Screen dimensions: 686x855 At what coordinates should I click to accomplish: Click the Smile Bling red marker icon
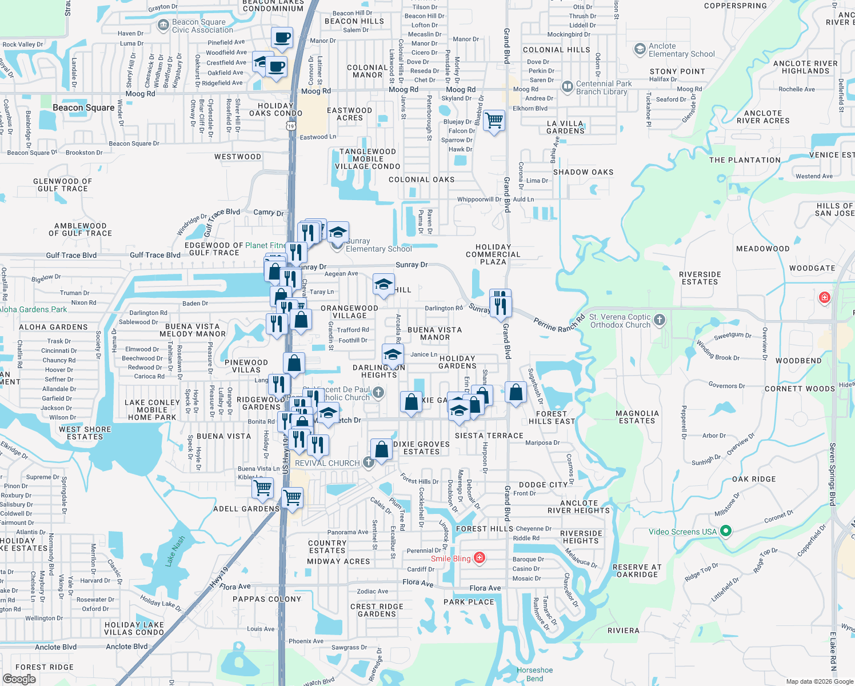[480, 559]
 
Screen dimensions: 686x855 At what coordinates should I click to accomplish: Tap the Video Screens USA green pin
[726, 532]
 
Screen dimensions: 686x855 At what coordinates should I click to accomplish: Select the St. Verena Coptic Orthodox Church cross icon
[660, 320]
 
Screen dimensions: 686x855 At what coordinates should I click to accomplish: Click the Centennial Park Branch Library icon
[567, 87]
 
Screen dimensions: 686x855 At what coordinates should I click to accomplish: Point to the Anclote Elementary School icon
[640, 50]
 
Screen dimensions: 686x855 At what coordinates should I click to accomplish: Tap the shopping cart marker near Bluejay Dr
[494, 121]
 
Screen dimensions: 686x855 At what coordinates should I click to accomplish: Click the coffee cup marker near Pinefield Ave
[282, 38]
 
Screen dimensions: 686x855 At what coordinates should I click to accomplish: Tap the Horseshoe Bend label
[535, 674]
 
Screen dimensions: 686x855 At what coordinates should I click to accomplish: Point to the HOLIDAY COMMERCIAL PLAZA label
[493, 254]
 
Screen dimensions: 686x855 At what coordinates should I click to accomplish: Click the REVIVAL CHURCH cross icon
[369, 462]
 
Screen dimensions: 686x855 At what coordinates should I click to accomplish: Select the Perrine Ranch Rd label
[559, 324]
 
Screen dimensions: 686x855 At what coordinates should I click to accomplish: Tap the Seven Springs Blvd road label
[833, 474]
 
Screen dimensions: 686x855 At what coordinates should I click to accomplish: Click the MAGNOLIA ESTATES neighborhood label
[637, 417]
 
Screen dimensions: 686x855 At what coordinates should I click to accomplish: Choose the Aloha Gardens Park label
[33, 309]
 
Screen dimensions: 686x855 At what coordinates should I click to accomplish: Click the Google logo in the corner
[19, 679]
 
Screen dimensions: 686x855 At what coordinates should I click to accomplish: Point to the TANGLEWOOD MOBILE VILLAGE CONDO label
[367, 159]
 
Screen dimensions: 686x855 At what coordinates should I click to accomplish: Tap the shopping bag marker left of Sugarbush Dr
[516, 393]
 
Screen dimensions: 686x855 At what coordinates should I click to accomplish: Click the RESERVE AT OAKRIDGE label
[637, 571]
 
